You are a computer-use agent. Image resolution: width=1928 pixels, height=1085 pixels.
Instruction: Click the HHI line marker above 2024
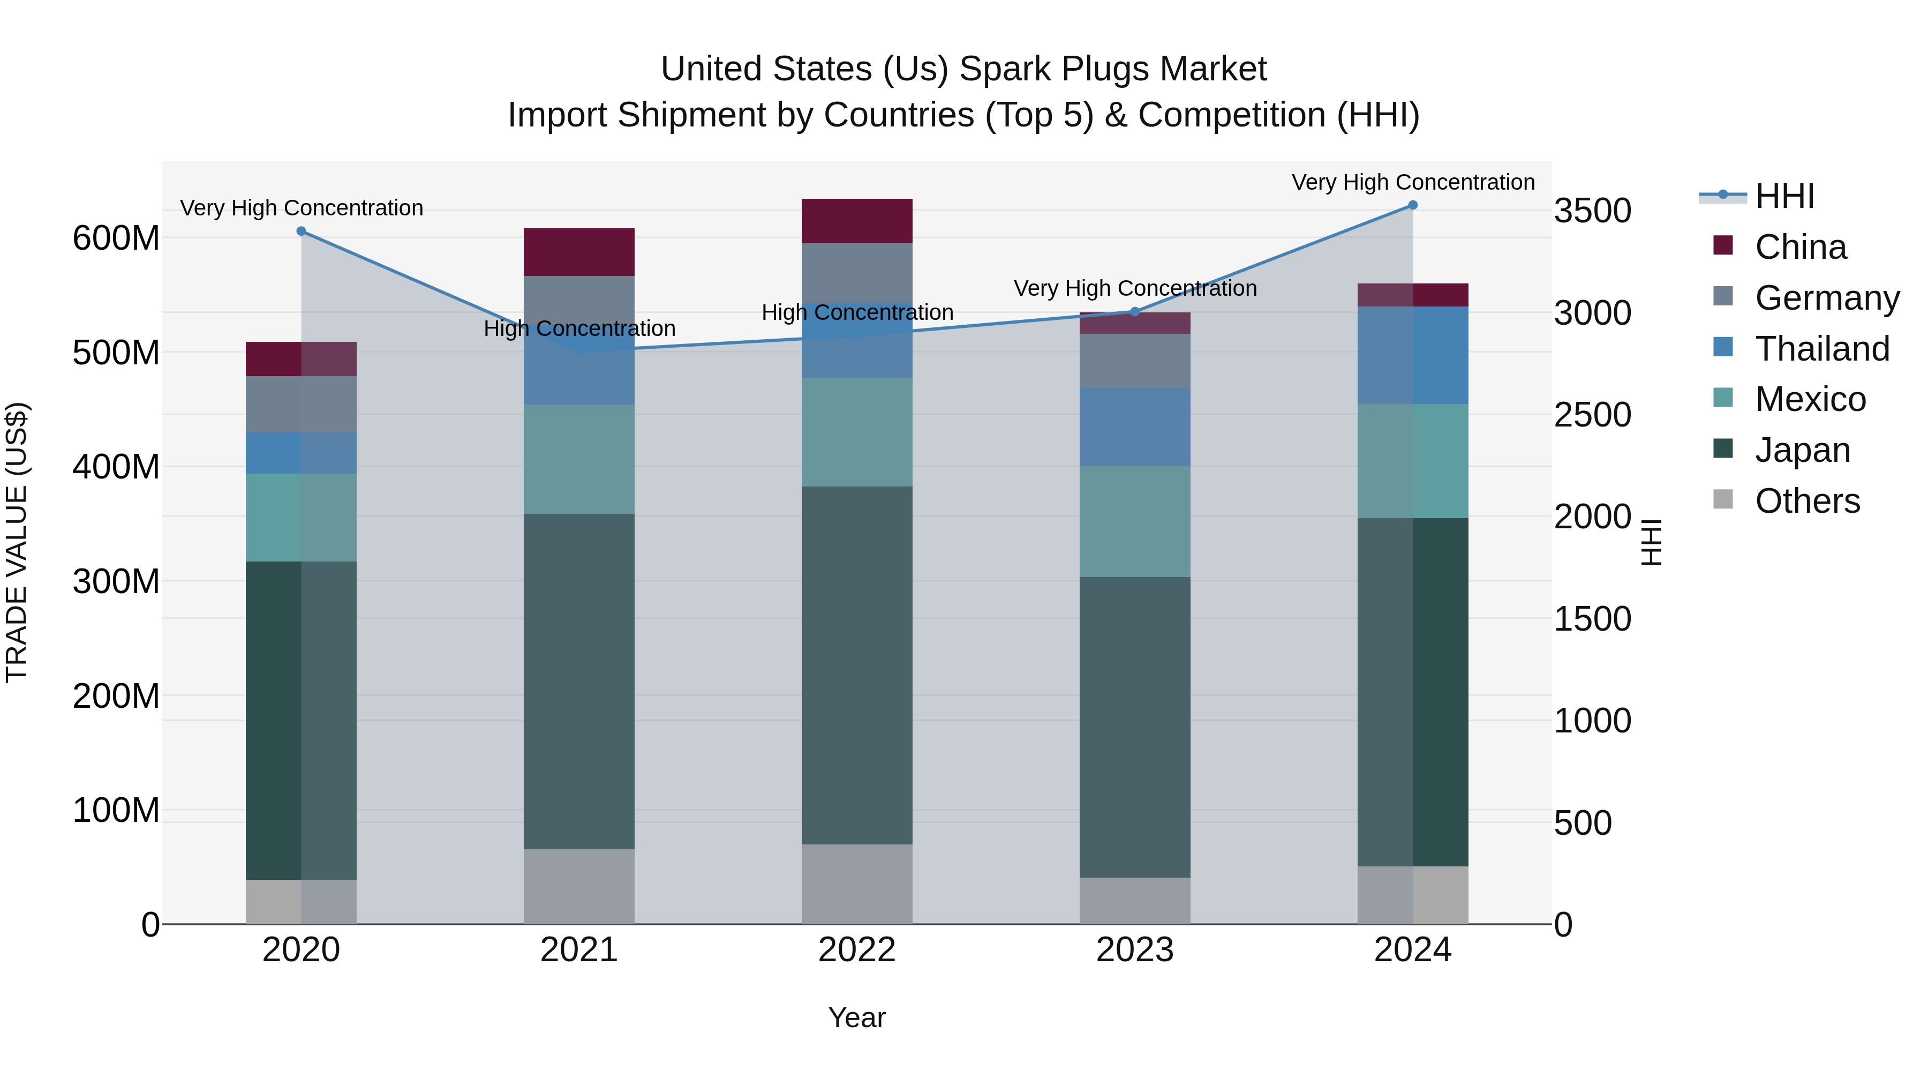click(1412, 205)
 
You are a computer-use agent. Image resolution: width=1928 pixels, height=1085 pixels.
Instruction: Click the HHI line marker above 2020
click(302, 231)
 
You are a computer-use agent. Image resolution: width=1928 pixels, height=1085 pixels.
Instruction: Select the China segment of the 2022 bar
click(857, 221)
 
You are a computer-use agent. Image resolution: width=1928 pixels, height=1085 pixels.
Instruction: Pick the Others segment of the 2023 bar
click(1135, 901)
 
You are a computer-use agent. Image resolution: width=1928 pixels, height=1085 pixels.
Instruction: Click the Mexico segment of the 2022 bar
click(857, 432)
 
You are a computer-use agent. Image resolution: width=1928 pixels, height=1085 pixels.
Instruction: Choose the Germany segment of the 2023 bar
click(1135, 361)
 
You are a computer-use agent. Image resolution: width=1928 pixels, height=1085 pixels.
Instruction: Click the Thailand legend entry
click(1822, 349)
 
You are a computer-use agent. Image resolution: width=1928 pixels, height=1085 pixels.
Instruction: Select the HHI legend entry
click(1784, 196)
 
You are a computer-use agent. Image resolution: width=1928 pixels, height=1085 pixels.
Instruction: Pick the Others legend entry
click(1807, 501)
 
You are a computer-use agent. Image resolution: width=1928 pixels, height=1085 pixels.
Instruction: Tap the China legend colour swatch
click(1723, 245)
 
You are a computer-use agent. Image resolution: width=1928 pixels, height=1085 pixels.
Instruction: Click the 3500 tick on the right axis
click(1592, 211)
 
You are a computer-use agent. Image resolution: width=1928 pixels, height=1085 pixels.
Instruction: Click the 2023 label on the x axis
click(1135, 950)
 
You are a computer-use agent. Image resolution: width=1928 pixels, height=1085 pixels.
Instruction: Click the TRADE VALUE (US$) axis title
click(17, 542)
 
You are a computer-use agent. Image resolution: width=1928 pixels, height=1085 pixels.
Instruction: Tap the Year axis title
click(856, 1017)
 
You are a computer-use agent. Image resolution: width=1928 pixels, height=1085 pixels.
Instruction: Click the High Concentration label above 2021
click(579, 329)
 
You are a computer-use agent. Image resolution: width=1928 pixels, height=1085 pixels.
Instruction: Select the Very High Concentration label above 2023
click(1135, 288)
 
